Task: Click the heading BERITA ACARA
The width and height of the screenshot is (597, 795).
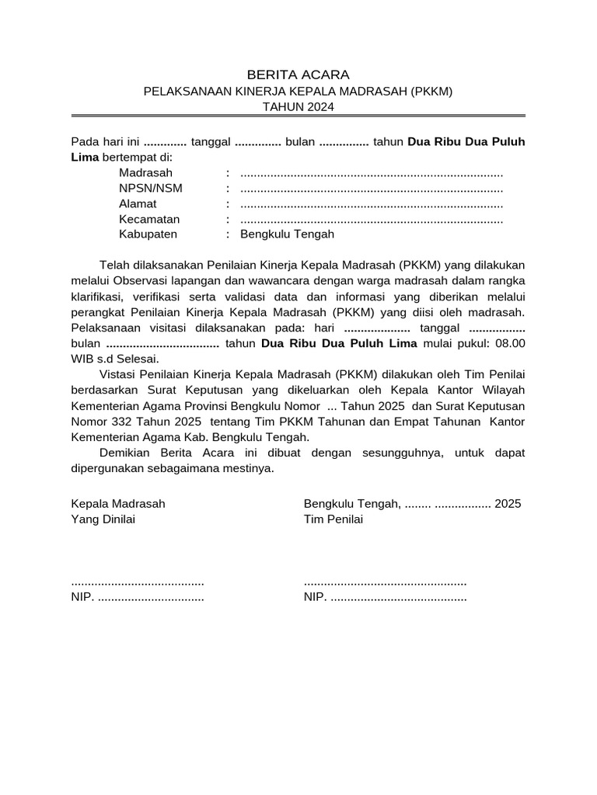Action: point(298,75)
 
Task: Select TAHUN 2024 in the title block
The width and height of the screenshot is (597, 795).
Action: point(298,107)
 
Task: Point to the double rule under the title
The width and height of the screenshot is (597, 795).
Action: point(298,116)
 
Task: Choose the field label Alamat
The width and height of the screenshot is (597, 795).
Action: point(138,203)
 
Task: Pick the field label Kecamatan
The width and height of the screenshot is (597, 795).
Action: point(149,219)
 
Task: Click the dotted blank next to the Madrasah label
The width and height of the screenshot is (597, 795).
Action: point(372,172)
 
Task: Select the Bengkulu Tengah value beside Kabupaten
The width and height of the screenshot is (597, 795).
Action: point(287,234)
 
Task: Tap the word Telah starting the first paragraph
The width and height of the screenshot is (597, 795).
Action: point(115,264)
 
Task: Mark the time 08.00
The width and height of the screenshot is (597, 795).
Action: point(510,342)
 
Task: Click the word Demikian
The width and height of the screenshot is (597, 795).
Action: point(126,453)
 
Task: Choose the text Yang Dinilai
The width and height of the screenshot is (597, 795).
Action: point(103,519)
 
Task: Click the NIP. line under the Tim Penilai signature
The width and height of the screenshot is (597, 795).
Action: point(385,598)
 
